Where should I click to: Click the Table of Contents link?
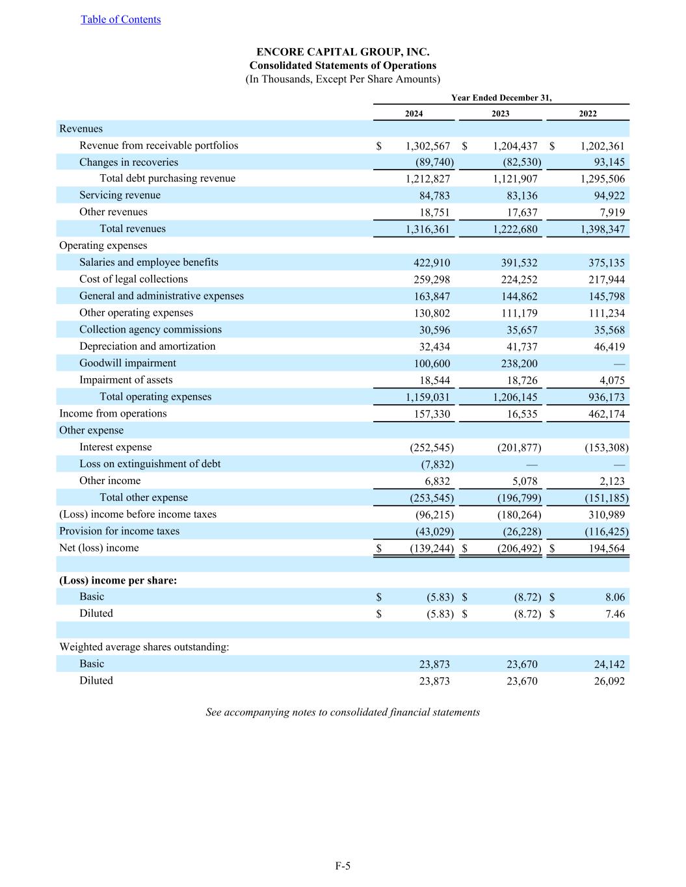[120, 19]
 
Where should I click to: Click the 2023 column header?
[500, 114]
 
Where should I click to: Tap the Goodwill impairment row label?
[127, 363]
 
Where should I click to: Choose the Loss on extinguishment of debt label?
[150, 464]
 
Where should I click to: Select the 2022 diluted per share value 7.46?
[614, 614]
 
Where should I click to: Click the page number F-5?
[343, 866]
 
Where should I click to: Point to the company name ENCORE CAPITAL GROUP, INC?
[343, 52]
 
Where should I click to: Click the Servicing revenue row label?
[120, 195]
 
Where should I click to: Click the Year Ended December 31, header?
[501, 97]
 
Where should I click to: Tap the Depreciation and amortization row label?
[147, 346]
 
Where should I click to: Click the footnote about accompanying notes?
[343, 712]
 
